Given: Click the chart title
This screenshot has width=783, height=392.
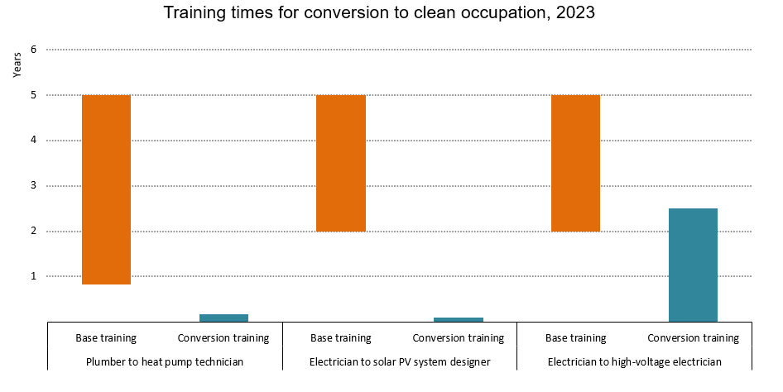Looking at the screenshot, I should coord(391,13).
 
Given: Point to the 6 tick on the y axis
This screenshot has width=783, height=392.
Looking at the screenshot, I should coord(34,50).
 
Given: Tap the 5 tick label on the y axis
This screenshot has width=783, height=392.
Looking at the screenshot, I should coord(34,95).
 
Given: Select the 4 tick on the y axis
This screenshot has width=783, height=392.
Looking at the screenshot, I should coord(34,141).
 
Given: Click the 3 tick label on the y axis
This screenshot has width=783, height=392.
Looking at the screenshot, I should coord(34,186).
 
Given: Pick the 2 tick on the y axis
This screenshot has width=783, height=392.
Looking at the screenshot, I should coord(34,231).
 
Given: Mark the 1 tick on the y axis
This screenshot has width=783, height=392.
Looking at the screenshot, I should coord(34,276).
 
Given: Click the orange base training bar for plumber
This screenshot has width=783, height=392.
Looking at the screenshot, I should coord(106,189).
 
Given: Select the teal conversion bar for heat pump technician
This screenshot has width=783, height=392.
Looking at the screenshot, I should coord(223,318).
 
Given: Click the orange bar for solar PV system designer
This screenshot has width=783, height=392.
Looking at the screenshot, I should coord(341,163).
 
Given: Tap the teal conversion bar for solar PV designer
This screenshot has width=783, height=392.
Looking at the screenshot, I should coord(459,319).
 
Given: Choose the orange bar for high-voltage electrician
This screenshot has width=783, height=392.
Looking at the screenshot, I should coord(576,163).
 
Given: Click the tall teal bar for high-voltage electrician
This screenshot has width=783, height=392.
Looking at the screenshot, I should coord(693,265).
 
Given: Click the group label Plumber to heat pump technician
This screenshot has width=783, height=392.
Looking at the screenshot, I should coord(165,361).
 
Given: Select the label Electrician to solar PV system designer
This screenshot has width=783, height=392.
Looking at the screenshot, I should coord(400,361).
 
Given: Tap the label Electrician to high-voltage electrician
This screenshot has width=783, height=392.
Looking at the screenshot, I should coord(635,361).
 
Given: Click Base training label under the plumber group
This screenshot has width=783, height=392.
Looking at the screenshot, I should coord(106,337).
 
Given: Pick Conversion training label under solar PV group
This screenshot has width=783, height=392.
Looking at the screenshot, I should coord(459,337).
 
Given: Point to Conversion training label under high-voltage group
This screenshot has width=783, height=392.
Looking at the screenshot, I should coord(693,337).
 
